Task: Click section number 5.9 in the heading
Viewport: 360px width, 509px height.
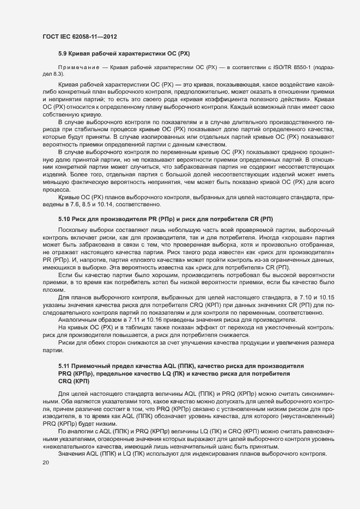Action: tap(63, 55)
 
